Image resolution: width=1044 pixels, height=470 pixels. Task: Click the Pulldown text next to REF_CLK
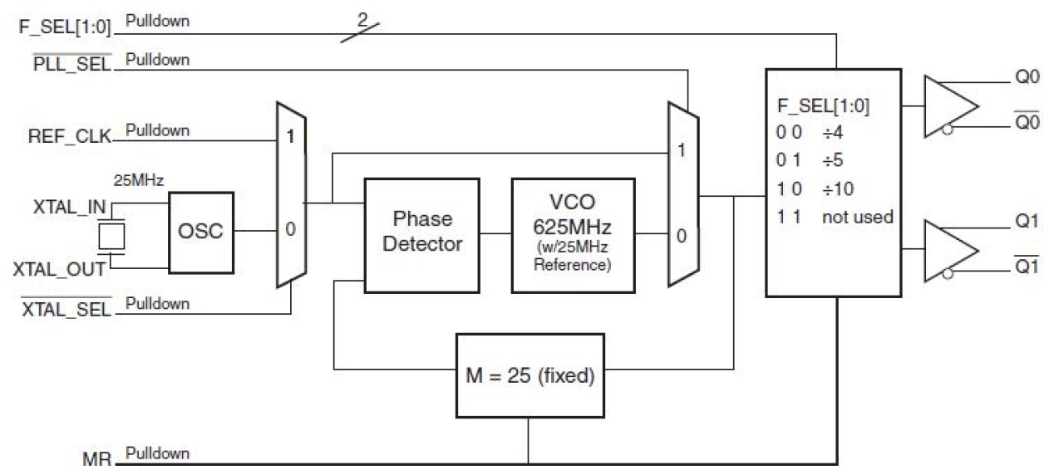(157, 130)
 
